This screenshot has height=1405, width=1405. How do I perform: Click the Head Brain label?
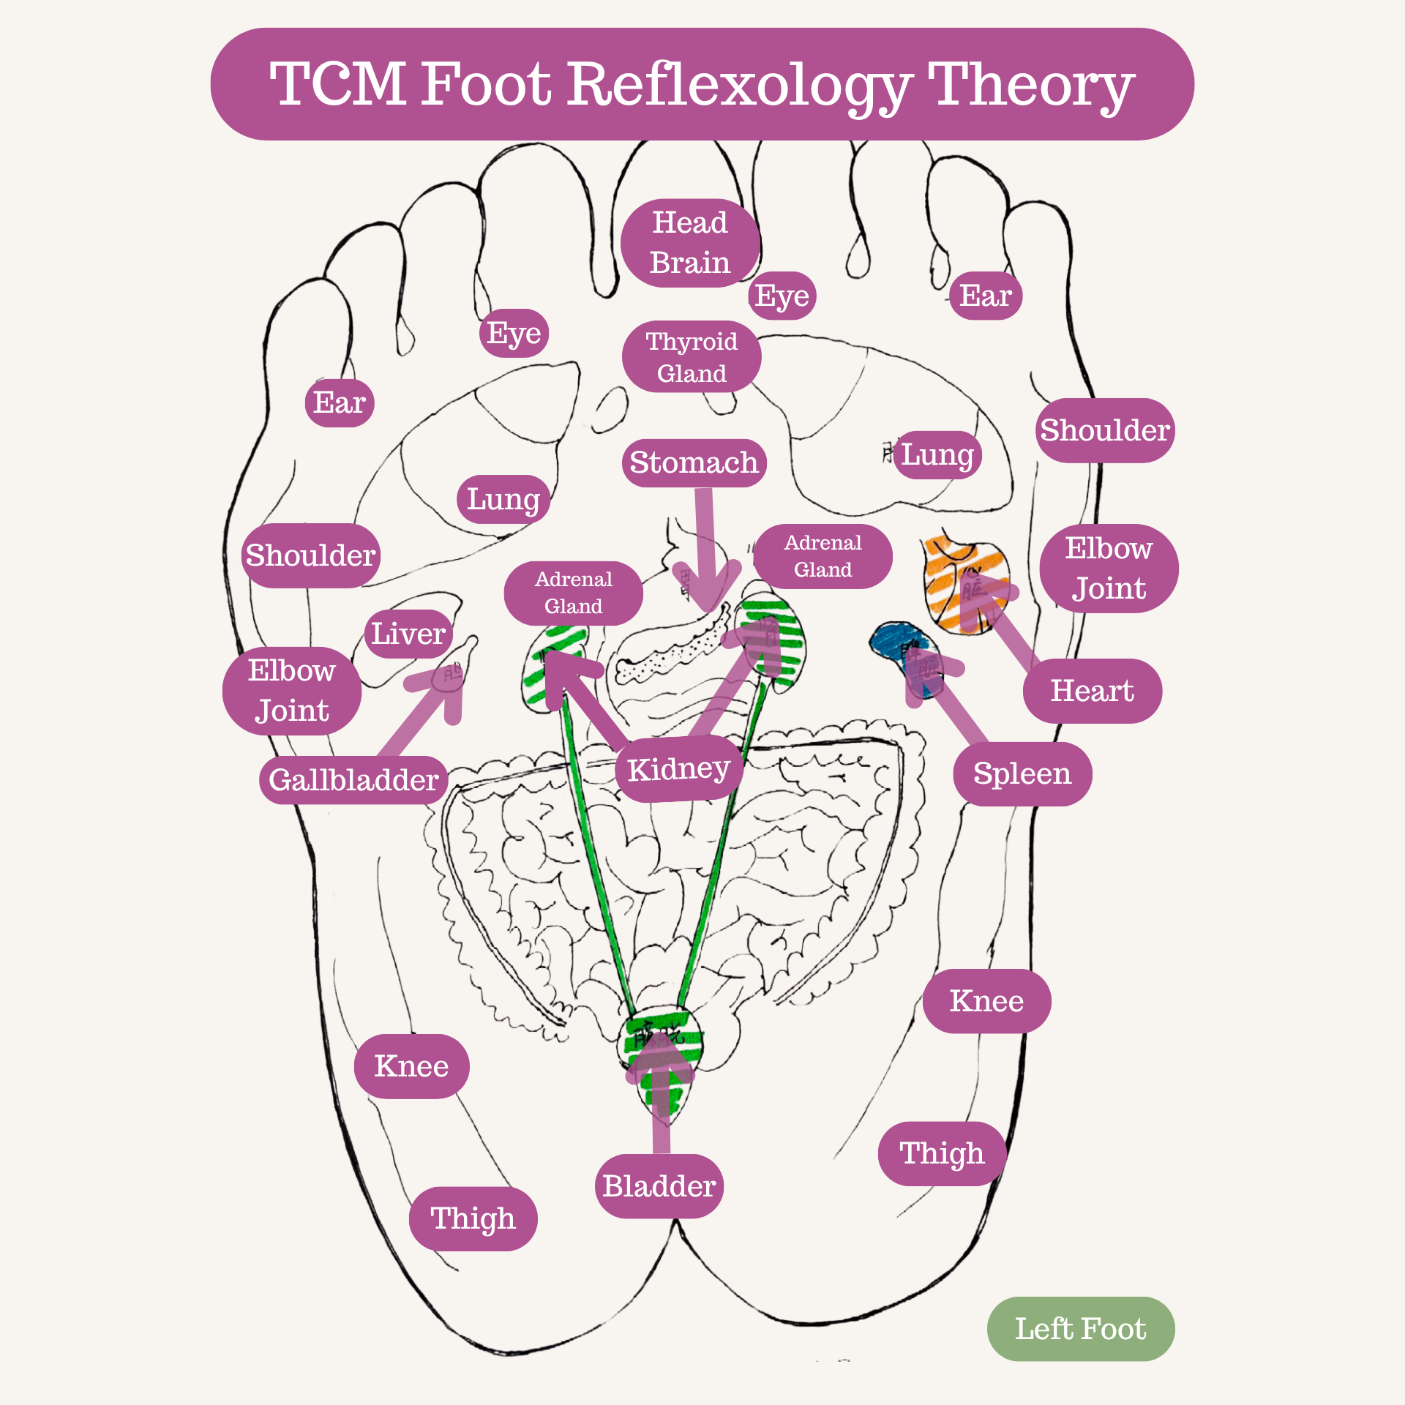tap(689, 242)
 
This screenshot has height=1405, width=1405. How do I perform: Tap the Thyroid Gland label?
tap(692, 357)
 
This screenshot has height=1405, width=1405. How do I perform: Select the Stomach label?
tap(694, 462)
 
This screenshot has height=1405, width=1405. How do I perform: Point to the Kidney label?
tap(678, 769)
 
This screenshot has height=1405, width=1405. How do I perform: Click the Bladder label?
tap(659, 1186)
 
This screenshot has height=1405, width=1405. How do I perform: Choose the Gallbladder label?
tap(353, 780)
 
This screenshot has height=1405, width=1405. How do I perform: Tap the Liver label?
tap(408, 634)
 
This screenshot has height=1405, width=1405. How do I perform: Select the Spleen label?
tap(1022, 773)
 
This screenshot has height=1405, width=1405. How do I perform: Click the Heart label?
tap(1092, 691)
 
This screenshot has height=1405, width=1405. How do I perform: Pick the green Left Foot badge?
tap(1080, 1329)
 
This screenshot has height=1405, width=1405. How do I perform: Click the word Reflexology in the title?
tap(739, 85)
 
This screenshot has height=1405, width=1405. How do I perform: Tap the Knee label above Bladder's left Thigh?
tap(411, 1066)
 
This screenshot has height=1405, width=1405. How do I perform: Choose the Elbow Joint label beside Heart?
tap(1108, 569)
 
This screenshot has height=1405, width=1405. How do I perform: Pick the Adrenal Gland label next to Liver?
tap(573, 593)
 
